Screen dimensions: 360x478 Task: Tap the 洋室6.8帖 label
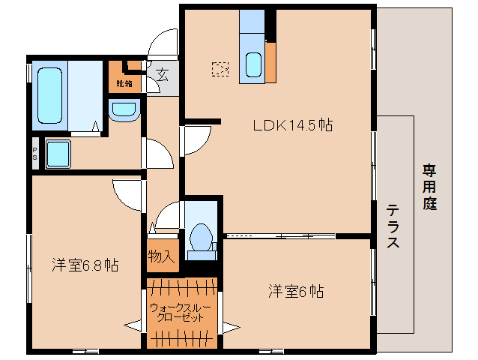click(x=85, y=265)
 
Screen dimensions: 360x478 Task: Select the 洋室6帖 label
click(x=297, y=291)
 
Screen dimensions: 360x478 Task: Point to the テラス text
click(x=393, y=226)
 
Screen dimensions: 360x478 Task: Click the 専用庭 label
click(x=429, y=187)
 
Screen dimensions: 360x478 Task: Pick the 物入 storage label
click(x=161, y=256)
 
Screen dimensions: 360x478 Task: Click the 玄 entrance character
click(x=162, y=74)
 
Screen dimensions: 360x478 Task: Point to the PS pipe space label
click(x=34, y=154)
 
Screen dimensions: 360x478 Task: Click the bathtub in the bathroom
click(x=50, y=96)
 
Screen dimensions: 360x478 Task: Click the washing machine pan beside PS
click(x=57, y=154)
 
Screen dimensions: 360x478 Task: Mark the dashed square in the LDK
click(x=220, y=70)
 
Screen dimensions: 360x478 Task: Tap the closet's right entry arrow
click(x=229, y=326)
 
